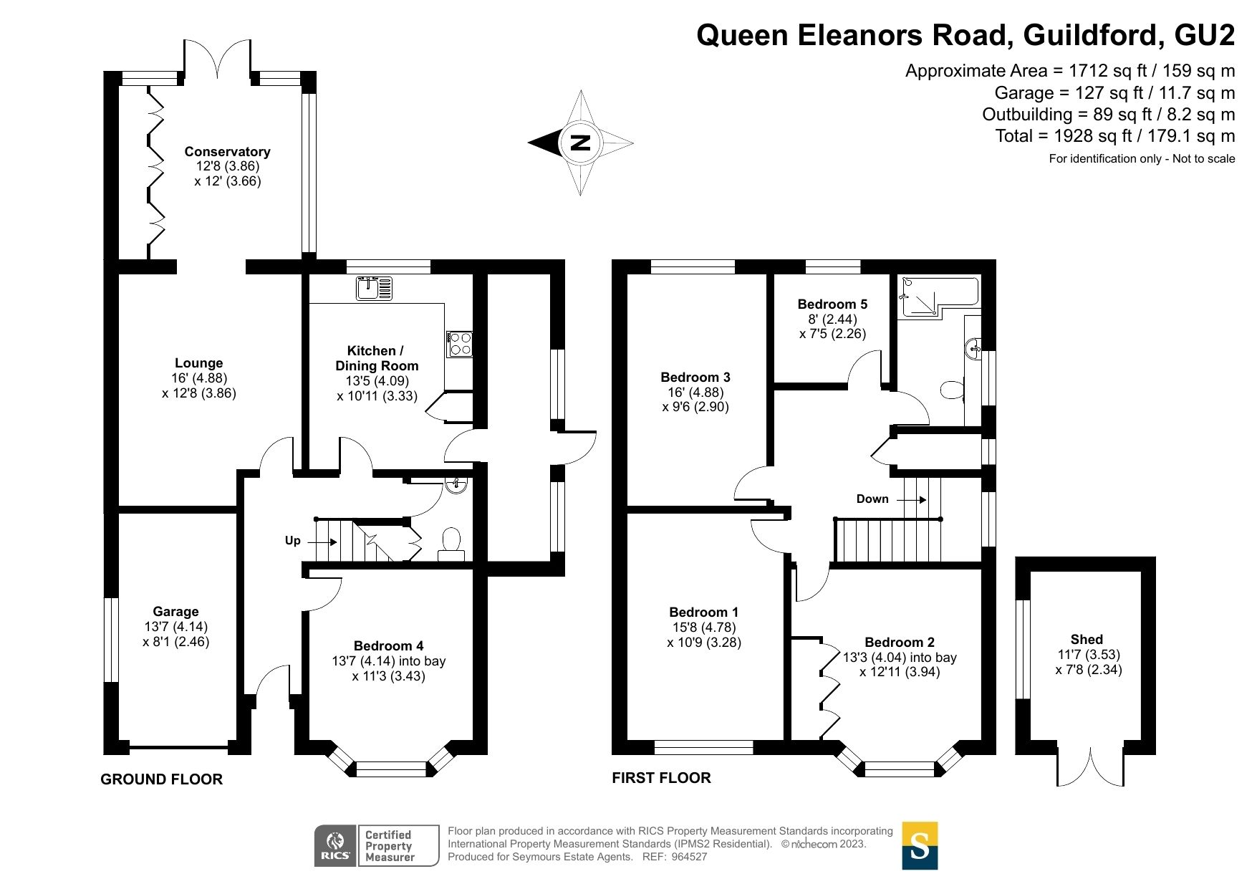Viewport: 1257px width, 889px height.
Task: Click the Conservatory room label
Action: click(227, 151)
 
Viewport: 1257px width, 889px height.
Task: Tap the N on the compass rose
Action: click(580, 143)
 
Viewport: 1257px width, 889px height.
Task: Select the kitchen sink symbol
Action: click(374, 288)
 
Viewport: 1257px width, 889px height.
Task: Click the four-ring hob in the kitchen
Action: click(459, 344)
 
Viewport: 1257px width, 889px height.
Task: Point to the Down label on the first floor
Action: click(872, 499)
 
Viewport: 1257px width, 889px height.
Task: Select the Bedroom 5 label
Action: click(832, 304)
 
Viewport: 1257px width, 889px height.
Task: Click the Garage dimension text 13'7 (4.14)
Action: click(175, 627)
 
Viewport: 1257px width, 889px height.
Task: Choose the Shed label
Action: click(1087, 640)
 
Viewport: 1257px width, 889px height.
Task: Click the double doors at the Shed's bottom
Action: click(1089, 767)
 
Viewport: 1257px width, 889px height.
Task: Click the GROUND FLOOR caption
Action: click(161, 779)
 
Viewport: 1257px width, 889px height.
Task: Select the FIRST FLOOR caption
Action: click(661, 778)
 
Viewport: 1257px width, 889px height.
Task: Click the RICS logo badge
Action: click(335, 845)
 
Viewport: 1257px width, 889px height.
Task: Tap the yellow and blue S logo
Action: click(919, 845)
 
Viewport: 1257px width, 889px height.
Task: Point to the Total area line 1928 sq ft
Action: click(1114, 136)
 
